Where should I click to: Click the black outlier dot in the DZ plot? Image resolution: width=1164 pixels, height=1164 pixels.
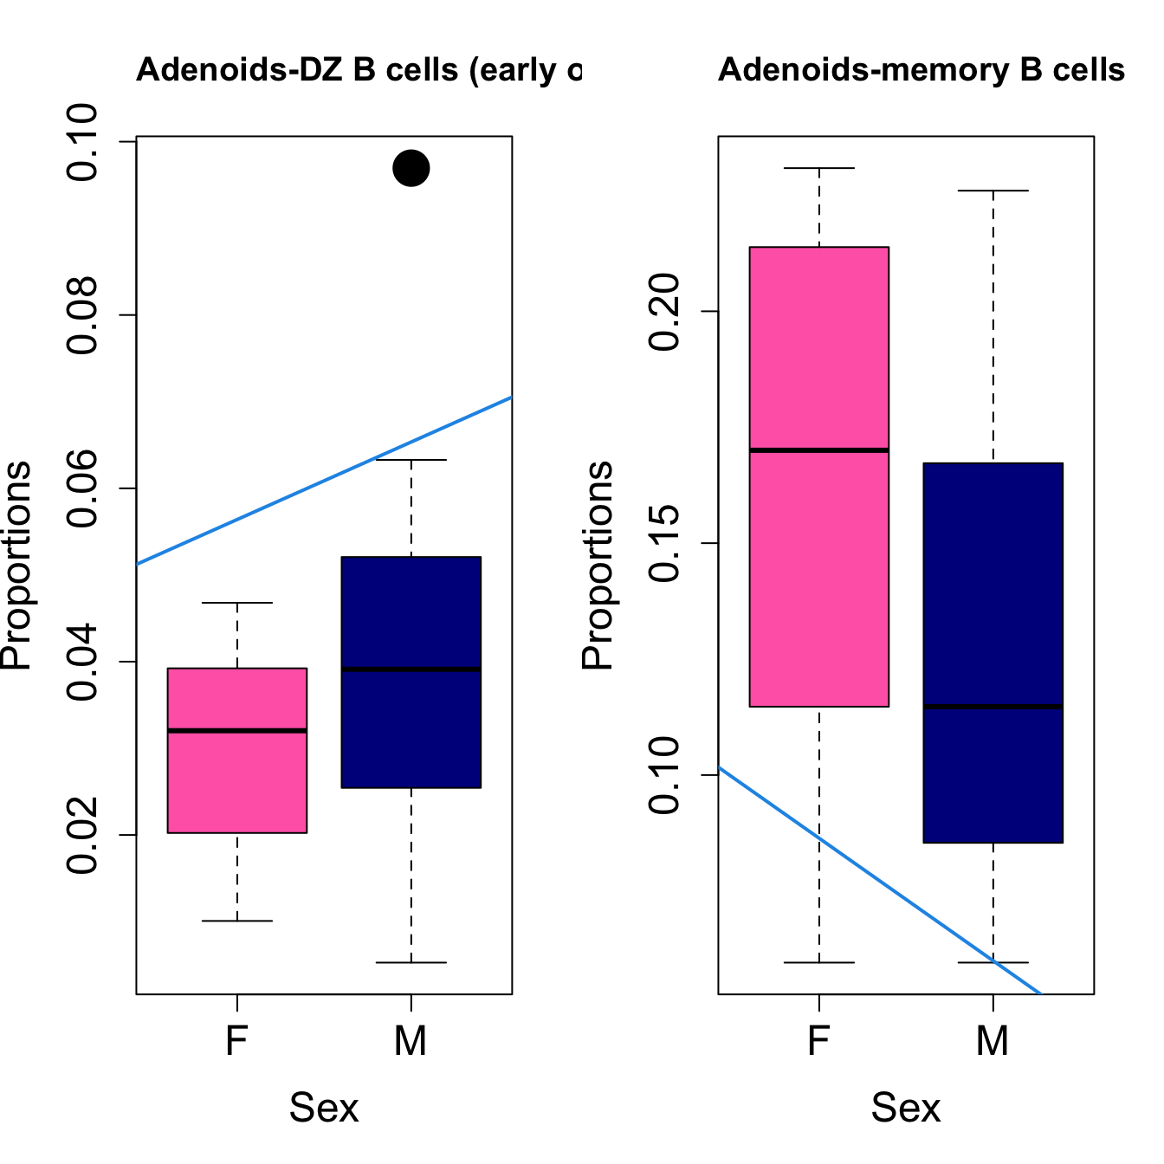tap(411, 168)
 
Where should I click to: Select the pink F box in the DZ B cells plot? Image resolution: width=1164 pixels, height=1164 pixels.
tap(237, 779)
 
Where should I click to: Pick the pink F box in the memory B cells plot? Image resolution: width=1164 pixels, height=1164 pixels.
tap(819, 346)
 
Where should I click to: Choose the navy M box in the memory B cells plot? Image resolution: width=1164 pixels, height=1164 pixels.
tap(993, 589)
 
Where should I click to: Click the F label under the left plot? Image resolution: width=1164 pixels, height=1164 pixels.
tap(237, 1041)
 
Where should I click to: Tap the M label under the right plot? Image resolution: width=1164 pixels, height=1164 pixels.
tap(993, 1041)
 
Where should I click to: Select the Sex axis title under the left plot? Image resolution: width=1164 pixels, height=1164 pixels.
tap(324, 1108)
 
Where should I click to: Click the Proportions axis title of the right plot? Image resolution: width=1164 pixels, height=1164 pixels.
tap(598, 565)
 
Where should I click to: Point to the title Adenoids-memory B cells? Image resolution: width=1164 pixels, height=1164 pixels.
tap(921, 69)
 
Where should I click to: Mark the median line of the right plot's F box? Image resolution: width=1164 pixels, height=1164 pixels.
tap(819, 450)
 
